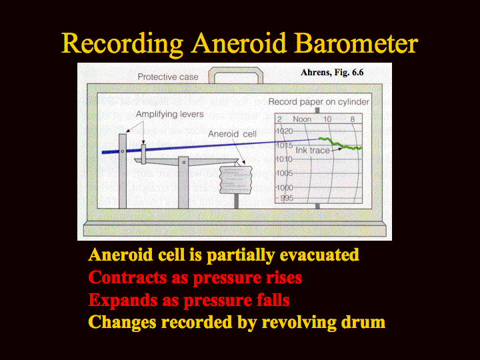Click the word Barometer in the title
tap(356, 43)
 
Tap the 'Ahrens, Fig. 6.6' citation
tap(332, 72)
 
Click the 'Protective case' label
tap(168, 77)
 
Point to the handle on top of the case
tap(236, 71)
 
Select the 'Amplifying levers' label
tap(169, 114)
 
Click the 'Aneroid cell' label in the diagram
tap(232, 134)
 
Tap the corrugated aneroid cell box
tap(236, 180)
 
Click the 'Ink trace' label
tap(313, 150)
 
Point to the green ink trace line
tap(340, 144)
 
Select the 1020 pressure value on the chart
tap(285, 131)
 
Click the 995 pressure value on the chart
tap(287, 198)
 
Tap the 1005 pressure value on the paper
tap(285, 173)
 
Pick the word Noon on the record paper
tap(302, 119)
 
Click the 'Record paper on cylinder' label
tap(319, 101)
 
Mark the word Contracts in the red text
tap(127, 277)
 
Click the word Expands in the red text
tap(123, 300)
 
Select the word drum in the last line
tap(364, 322)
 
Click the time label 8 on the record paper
tap(353, 119)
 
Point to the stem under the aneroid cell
tap(236, 201)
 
